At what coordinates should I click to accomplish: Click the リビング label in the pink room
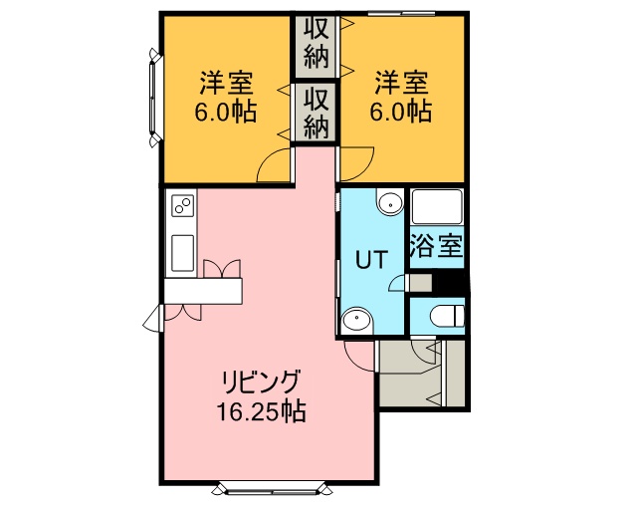[262, 382]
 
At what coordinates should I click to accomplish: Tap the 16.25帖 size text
[261, 411]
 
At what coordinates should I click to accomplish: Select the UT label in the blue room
[371, 259]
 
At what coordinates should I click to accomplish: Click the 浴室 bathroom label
[436, 246]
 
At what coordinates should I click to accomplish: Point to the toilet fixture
[447, 316]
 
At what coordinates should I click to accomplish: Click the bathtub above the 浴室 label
[437, 207]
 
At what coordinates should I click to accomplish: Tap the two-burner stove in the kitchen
[182, 205]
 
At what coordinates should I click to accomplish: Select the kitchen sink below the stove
[182, 253]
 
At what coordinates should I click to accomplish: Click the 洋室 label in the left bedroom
[226, 83]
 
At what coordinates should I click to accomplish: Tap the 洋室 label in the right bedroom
[401, 83]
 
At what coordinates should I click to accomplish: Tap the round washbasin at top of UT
[390, 202]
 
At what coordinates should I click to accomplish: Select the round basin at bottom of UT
[357, 320]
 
